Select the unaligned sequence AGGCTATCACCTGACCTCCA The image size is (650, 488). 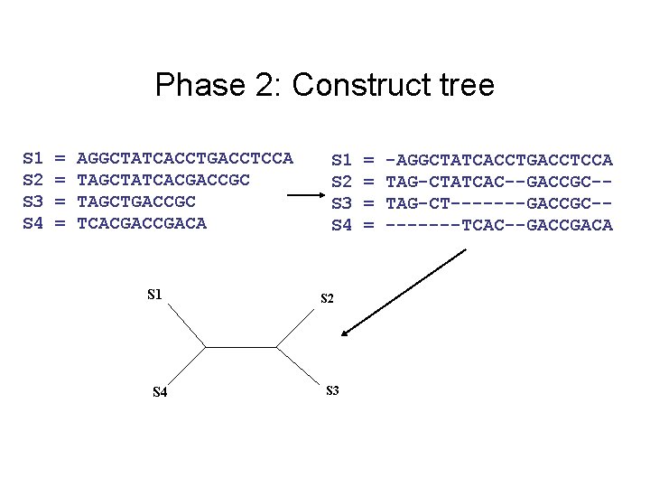tap(185, 159)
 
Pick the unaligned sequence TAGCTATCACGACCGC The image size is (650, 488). tap(163, 180)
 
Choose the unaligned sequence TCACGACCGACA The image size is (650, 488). tap(142, 222)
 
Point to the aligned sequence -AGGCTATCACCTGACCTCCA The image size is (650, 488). tap(499, 160)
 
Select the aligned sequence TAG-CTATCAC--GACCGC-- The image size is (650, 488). tap(499, 181)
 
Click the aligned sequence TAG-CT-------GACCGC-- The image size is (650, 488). tap(499, 202)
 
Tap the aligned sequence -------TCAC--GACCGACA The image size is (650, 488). tap(499, 224)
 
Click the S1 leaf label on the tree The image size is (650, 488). tap(155, 294)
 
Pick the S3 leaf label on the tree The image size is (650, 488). tap(331, 390)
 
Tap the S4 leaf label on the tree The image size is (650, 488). tap(159, 392)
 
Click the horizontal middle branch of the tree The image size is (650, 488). tap(241, 345)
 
